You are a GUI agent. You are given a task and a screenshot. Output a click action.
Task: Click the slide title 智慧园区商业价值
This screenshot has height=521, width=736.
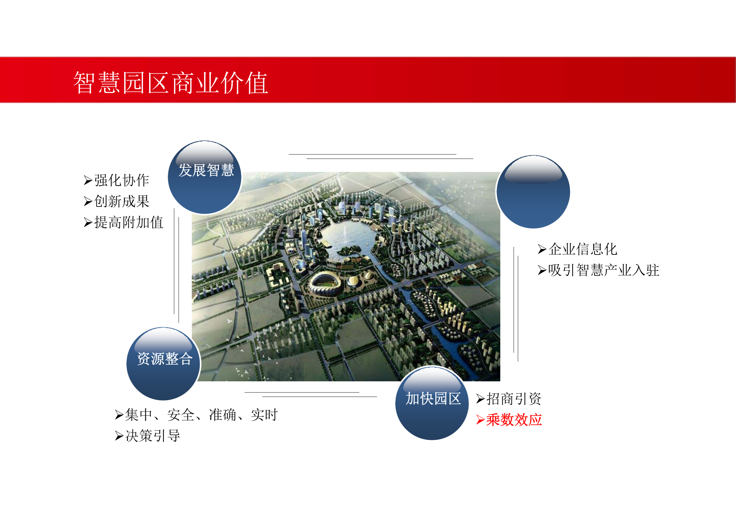click(170, 83)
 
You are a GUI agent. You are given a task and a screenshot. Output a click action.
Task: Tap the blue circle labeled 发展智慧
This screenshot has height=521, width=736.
click(205, 177)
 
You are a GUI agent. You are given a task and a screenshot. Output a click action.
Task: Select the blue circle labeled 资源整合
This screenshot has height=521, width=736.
click(163, 364)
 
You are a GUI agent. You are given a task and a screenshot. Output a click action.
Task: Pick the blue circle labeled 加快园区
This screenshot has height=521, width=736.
click(432, 403)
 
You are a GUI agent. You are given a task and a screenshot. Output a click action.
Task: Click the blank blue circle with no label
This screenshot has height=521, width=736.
click(533, 192)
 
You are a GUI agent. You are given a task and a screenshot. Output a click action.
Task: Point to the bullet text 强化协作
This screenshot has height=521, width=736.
click(122, 180)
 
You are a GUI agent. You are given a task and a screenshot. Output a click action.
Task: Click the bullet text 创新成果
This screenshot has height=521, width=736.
click(122, 201)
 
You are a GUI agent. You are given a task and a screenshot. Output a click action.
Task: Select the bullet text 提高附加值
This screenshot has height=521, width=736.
click(129, 222)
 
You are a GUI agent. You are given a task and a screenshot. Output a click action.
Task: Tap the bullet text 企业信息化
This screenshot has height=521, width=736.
click(583, 249)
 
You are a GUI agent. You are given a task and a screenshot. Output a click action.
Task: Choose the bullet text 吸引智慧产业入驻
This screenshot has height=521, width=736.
click(603, 270)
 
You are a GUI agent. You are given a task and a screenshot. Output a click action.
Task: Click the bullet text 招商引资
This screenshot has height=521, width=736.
click(513, 399)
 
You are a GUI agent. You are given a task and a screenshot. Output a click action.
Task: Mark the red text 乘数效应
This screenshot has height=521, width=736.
click(514, 420)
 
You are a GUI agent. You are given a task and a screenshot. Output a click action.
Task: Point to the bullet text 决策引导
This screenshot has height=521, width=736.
click(153, 436)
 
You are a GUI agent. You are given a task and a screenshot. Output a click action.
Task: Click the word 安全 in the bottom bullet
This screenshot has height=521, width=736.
click(181, 415)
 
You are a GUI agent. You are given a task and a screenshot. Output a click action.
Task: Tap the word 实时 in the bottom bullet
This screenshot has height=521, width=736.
click(265, 415)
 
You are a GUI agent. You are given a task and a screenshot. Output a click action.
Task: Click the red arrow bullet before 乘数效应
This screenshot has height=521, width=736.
click(480, 420)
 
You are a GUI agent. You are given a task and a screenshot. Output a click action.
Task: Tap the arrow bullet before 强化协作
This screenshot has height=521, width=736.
click(88, 180)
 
